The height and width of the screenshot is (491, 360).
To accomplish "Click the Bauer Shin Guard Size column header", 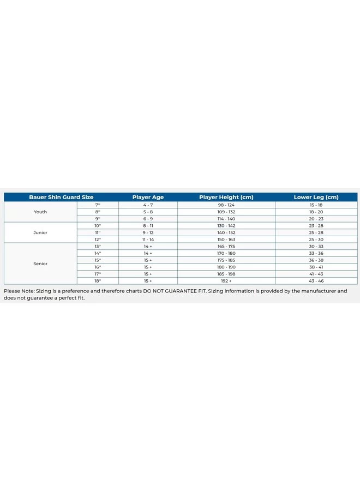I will click(61, 197).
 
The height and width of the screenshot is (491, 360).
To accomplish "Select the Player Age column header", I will click(148, 197).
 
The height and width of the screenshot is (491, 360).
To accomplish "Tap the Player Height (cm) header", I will click(226, 197).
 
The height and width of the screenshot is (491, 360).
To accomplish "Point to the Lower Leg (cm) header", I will click(316, 197).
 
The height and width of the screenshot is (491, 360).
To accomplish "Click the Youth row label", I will click(40, 212).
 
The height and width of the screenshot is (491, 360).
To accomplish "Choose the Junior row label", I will click(40, 232).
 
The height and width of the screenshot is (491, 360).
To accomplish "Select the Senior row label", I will click(40, 264).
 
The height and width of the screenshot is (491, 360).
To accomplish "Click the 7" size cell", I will click(98, 205).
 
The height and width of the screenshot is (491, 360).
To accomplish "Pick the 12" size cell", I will click(98, 239).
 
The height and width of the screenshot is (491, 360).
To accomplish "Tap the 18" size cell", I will click(98, 280).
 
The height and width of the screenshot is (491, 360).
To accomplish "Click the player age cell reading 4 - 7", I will click(148, 205).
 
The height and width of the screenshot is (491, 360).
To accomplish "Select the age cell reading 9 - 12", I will click(148, 232).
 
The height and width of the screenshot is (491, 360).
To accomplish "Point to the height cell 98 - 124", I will click(226, 205).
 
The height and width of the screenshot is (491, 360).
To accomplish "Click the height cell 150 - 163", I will click(226, 239).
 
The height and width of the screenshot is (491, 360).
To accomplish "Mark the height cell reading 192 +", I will click(226, 280).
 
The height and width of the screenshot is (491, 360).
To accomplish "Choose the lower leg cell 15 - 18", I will click(316, 205).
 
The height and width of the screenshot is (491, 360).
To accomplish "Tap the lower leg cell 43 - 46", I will click(316, 280).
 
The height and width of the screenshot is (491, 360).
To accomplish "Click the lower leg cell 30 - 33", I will click(316, 246).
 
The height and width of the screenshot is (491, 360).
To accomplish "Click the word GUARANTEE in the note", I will click(181, 291).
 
